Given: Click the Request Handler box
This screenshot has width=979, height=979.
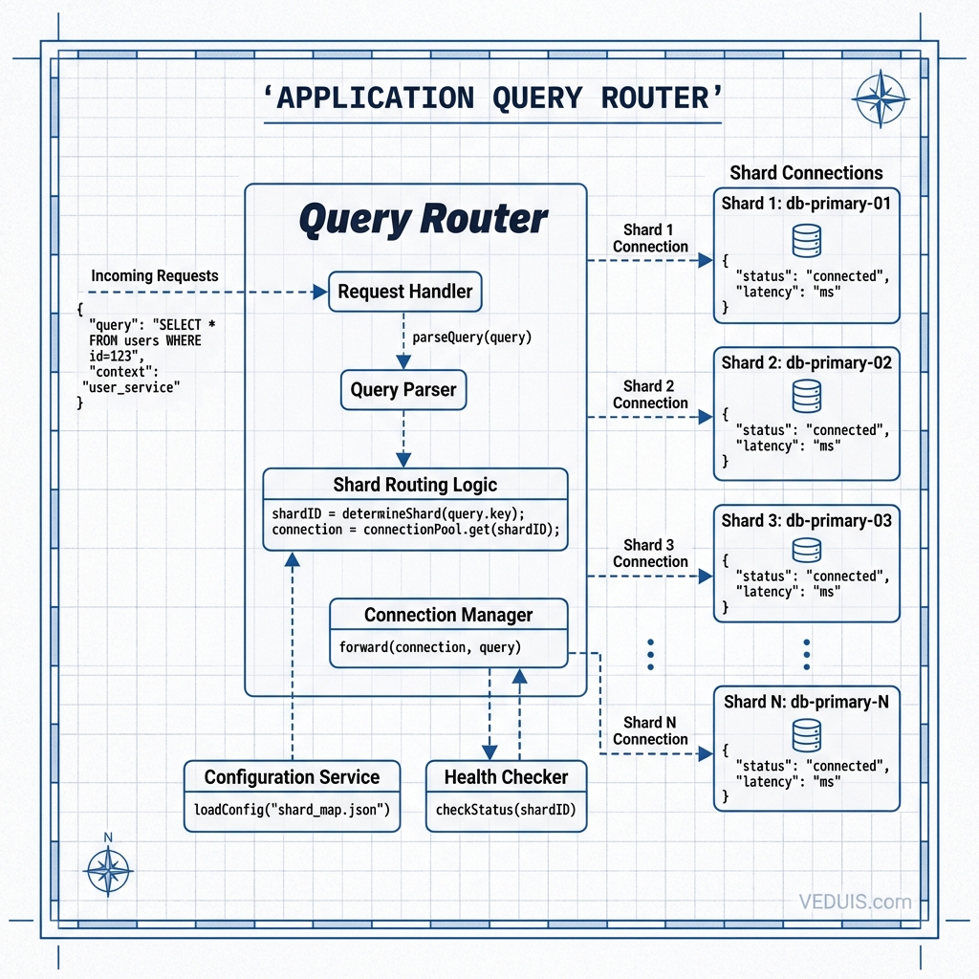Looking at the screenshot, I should pos(404,292).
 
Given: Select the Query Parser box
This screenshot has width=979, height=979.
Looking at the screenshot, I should pos(403,390).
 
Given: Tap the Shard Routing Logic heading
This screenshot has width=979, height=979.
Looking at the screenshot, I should pos(415,485).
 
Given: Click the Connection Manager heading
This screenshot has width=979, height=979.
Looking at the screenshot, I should pos(448,615).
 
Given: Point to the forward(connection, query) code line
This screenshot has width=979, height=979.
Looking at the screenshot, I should pos(429,647).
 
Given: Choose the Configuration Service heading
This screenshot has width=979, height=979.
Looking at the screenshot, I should pos(292,777).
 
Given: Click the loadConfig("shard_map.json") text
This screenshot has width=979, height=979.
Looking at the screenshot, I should pos(292,810).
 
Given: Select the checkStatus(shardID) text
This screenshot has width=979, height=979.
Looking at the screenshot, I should pos(505,810).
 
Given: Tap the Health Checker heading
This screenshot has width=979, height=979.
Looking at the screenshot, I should pos(506,777).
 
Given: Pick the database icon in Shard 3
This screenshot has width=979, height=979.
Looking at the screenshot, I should pos(807,550).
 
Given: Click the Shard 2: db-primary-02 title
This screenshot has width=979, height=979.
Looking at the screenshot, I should pos(806,362).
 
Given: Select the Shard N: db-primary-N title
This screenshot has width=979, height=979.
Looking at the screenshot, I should pos(806,702).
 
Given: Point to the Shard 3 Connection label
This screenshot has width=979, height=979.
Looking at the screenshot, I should pos(650,554).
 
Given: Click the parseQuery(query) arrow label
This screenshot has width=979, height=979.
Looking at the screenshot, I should pos(471,337).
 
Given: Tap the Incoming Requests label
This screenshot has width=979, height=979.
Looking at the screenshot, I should pos(155,275).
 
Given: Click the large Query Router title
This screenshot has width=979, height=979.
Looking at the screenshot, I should pos(424,219).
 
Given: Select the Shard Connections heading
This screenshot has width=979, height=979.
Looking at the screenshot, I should pos(806,173).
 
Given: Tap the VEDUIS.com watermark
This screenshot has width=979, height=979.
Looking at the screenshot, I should pos(855,901).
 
